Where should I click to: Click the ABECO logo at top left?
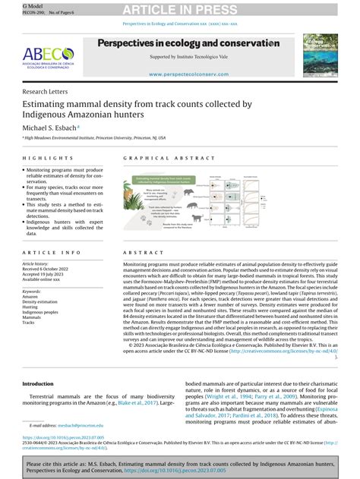pos(47,56)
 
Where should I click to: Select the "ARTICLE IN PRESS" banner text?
pos(179,8)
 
